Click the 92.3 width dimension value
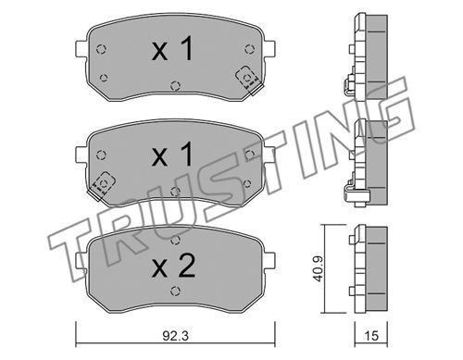point(175,336)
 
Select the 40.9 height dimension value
point(318,268)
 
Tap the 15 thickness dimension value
point(371,336)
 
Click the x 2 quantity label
point(173,266)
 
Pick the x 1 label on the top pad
point(172,48)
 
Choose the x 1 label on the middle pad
point(172,155)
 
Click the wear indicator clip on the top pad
point(249,81)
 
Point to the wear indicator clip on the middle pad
point(103,186)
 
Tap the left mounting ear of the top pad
point(81,49)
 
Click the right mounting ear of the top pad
point(269,49)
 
